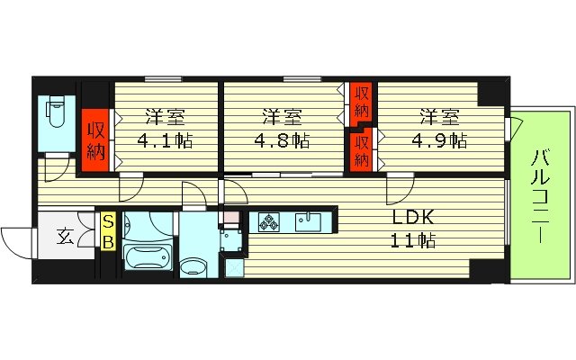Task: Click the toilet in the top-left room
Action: [x=56, y=111]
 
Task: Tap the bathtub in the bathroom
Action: [x=148, y=257]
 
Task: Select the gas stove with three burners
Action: [x=269, y=222]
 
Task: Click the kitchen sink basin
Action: [x=308, y=222]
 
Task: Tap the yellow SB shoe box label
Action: [x=108, y=231]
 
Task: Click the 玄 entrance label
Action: [x=65, y=236]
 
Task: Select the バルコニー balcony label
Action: [x=541, y=196]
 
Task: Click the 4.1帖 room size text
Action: [x=165, y=140]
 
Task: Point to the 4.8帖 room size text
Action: [x=282, y=140]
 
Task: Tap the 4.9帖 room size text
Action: [x=439, y=140]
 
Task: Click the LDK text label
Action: [x=413, y=218]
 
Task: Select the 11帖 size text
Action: [x=412, y=240]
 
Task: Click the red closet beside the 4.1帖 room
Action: [x=95, y=140]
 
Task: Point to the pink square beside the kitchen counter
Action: [x=231, y=217]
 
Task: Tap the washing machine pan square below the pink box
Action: [x=231, y=240]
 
